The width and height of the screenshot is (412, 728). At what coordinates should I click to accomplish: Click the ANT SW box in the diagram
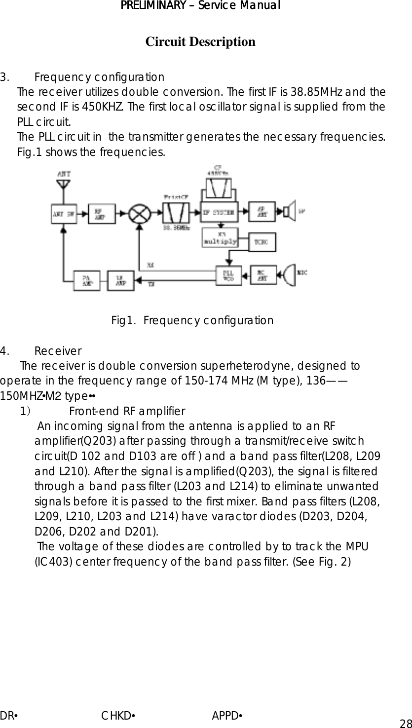[x=64, y=214]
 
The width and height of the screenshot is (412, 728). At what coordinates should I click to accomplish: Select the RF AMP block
[x=102, y=213]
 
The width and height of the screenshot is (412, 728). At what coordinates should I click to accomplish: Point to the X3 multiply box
[x=220, y=238]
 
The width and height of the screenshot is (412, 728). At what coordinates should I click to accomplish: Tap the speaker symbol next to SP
[x=289, y=212]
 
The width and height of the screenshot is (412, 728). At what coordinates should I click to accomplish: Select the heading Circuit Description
[x=200, y=41]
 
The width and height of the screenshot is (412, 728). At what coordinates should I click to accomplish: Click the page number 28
[x=406, y=724]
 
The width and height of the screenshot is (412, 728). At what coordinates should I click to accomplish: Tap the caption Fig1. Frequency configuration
[x=192, y=321]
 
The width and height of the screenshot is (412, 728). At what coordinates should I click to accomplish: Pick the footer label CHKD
[x=117, y=716]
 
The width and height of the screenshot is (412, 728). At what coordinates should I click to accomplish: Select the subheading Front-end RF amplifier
[x=127, y=412]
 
